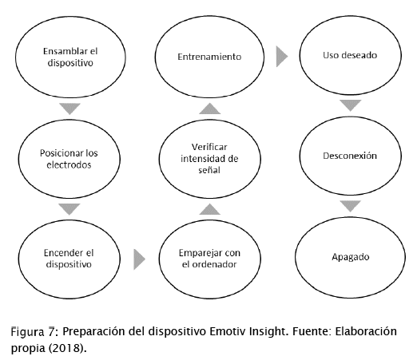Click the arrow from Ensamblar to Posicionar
(69, 109)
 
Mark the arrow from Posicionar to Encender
(69, 209)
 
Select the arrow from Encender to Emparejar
(140, 259)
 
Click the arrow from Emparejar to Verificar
(210, 209)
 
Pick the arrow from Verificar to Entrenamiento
(210, 109)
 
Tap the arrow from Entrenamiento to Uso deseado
(282, 57)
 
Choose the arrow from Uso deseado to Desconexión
(351, 105)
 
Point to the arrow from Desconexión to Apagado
(351, 206)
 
